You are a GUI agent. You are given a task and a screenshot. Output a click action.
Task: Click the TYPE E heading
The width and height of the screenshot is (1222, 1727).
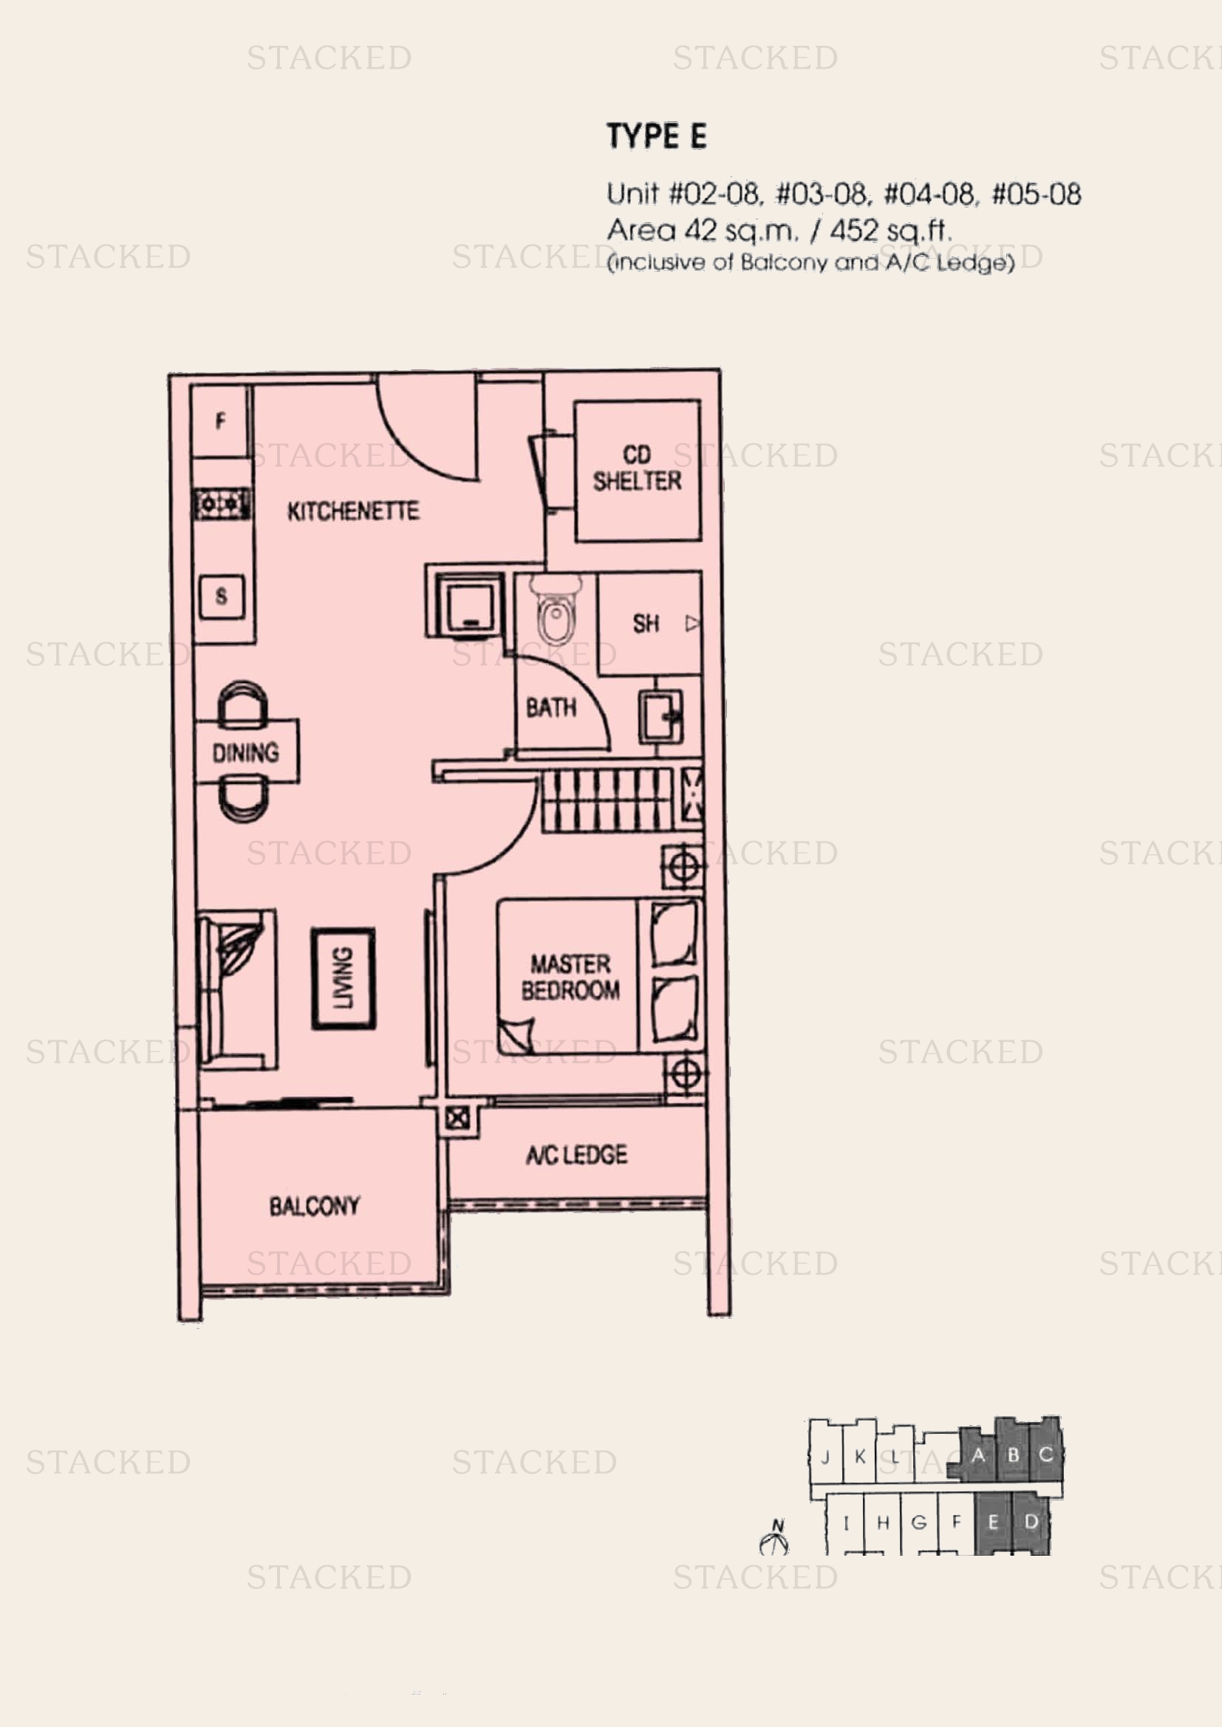[x=657, y=136]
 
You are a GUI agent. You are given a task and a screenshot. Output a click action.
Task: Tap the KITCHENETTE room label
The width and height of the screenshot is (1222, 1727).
[x=353, y=512]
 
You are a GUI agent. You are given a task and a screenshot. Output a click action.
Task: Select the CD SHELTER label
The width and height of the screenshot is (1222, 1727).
[x=638, y=468]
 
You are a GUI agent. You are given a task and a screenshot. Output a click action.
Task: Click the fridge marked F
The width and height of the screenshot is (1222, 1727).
[x=220, y=420]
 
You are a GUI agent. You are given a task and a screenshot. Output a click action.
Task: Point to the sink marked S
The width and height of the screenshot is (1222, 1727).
[x=221, y=597]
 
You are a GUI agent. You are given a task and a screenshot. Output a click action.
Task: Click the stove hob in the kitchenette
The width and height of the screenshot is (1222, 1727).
[x=222, y=504]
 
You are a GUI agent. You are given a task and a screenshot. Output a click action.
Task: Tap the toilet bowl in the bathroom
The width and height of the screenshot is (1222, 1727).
[x=556, y=610]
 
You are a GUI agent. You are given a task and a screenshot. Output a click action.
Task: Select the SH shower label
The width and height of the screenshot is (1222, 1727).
[x=646, y=624]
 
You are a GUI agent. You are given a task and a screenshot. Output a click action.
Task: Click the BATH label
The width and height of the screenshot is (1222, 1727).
[x=551, y=708]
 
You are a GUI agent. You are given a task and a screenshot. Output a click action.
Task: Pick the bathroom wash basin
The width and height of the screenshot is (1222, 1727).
[x=661, y=717]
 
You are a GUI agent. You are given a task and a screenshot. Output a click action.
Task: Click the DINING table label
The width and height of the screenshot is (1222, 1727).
[x=245, y=752]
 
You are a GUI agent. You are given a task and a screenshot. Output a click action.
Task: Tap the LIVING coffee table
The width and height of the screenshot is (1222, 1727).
[x=343, y=978]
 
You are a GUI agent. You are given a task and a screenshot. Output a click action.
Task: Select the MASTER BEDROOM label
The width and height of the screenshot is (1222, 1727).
[x=570, y=977]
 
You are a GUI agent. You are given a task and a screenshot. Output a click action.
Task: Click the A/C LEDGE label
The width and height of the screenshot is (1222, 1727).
[x=576, y=1155]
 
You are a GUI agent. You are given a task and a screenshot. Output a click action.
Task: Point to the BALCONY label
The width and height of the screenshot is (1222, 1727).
[x=315, y=1206]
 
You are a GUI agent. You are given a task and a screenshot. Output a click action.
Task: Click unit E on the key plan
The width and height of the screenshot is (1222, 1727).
[x=993, y=1522]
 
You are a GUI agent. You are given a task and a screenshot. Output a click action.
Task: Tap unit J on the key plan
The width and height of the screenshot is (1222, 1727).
[x=825, y=1457]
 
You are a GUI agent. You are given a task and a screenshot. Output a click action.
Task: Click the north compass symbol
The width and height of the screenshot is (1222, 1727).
[x=775, y=1537]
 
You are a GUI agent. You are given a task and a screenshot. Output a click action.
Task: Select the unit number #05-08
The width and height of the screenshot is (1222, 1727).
[x=1036, y=195]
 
